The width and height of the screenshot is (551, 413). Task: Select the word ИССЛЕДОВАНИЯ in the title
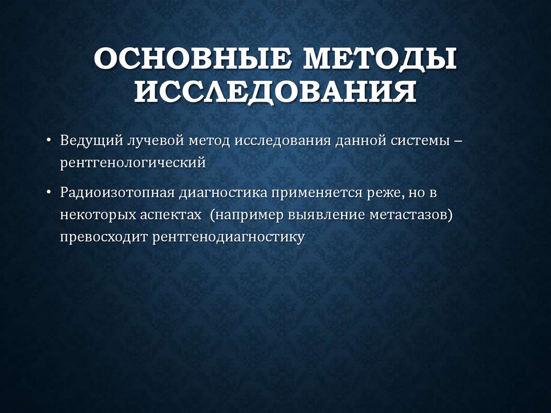click(275, 92)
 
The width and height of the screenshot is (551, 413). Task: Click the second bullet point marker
click(50, 192)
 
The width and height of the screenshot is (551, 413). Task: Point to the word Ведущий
click(90, 141)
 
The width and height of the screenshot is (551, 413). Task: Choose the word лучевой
click(155, 141)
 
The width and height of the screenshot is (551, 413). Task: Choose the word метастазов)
click(407, 215)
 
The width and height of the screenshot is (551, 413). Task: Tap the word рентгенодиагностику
click(228, 237)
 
